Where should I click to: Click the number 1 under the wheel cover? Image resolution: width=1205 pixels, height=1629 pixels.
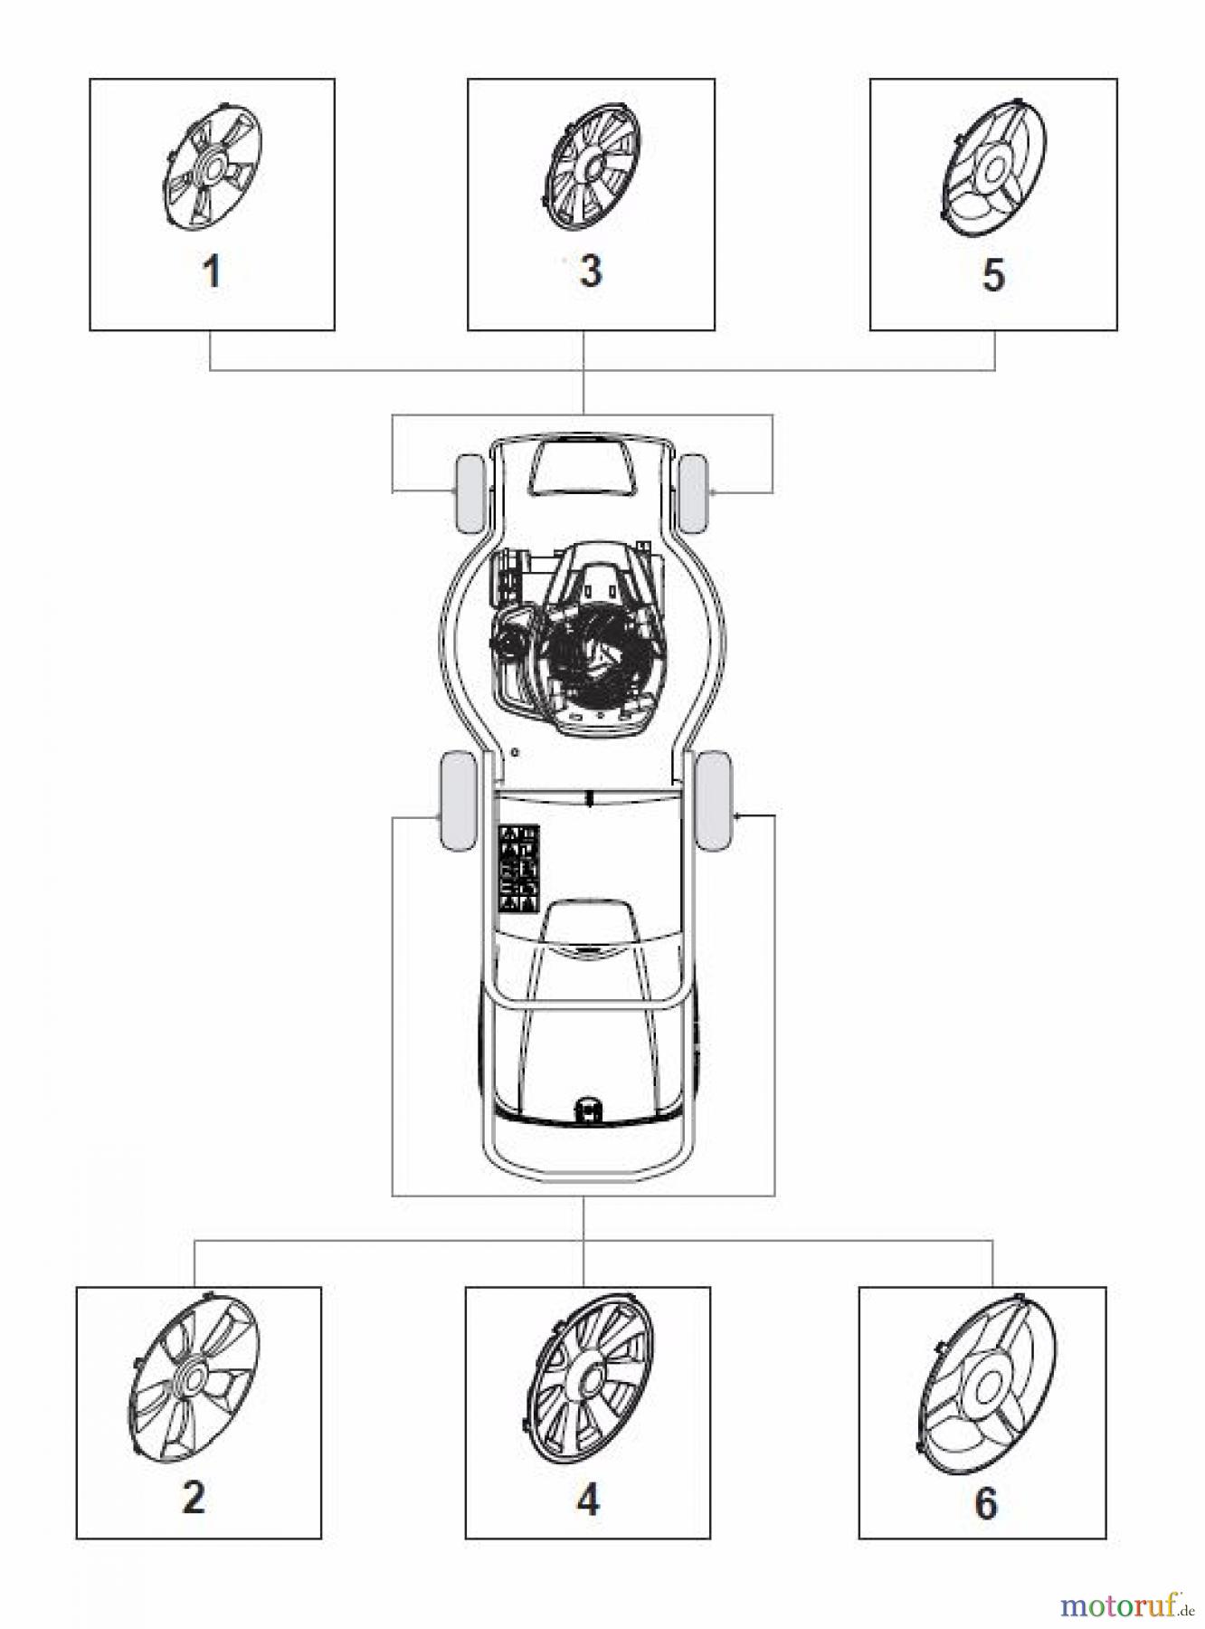pos(212,271)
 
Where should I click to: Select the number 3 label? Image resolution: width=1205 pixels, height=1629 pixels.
pos(590,270)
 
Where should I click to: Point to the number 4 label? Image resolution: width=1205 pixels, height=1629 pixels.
pos(588,1500)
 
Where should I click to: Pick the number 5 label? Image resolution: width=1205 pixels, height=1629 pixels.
pos(993,274)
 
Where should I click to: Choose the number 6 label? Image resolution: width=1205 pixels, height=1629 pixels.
pos(985,1502)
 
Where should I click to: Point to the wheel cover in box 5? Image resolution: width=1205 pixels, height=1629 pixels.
pos(992,169)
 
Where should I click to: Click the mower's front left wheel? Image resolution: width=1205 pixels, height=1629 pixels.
pos(470,492)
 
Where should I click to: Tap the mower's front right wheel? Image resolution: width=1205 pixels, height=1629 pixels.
pos(694,492)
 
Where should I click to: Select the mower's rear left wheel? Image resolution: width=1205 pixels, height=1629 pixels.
pos(458,800)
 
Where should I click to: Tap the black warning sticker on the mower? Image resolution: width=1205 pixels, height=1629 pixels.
pos(519,867)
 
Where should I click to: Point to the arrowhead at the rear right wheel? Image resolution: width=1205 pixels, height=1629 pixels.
pos(739,816)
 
